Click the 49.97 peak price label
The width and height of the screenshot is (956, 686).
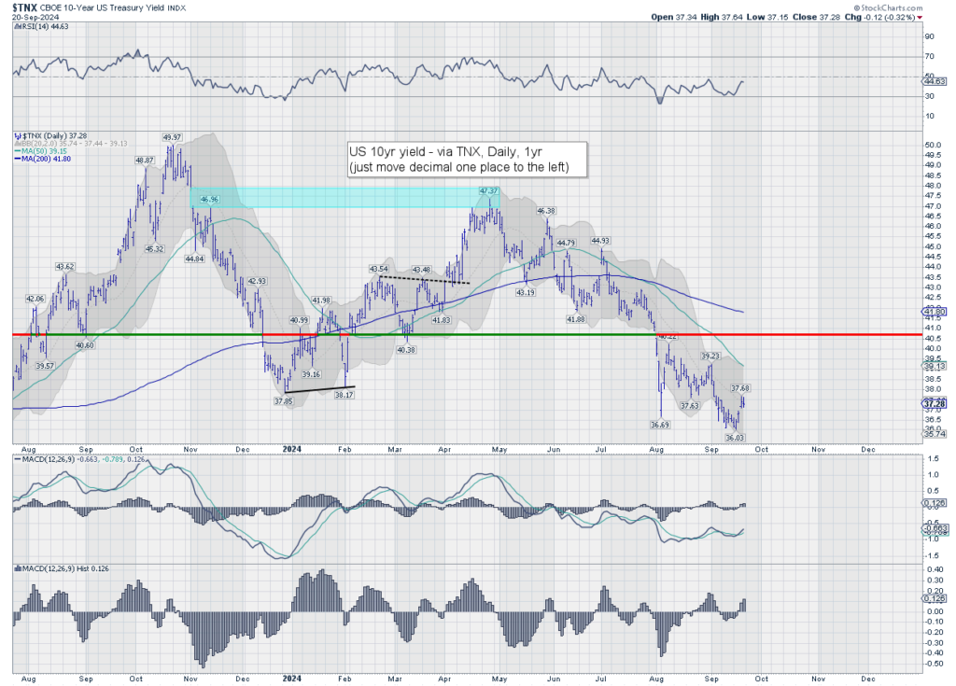pos(172,137)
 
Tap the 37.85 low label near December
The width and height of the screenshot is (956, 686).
pos(284,401)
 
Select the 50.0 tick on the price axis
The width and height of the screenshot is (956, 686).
pos(930,146)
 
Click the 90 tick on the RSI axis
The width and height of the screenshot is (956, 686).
pos(928,37)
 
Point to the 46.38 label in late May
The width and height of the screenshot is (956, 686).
pos(546,211)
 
